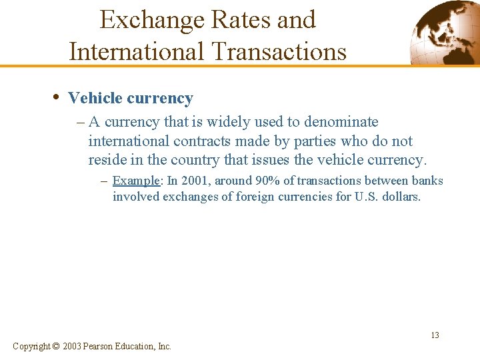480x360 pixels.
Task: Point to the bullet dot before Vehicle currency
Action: pyautogui.click(x=55, y=98)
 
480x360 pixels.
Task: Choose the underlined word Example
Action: pyautogui.click(x=135, y=181)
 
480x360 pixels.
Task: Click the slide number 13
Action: pyautogui.click(x=435, y=335)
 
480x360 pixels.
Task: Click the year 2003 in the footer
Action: pyautogui.click(x=72, y=346)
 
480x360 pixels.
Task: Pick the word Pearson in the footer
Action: pyautogui.click(x=99, y=346)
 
